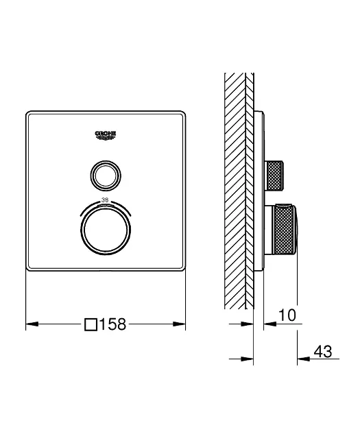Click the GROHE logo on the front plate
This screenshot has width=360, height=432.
(106, 135)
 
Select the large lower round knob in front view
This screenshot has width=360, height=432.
(106, 230)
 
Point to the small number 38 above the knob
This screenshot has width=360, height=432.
(105, 200)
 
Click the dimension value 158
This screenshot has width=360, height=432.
(112, 324)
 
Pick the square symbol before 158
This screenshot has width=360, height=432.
(91, 324)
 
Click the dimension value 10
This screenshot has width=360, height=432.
(287, 315)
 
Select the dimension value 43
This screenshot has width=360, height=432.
(323, 351)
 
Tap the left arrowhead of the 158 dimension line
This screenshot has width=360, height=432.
(32, 324)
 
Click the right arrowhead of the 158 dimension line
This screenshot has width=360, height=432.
(179, 324)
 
